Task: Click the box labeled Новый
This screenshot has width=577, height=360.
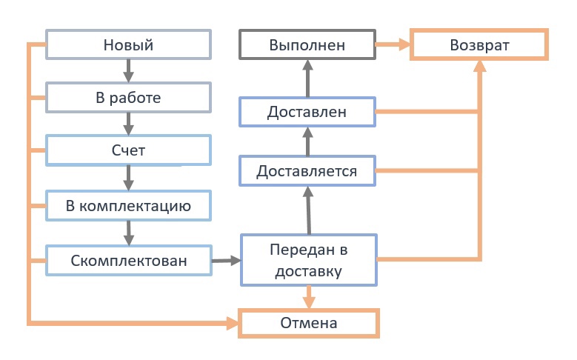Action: pos(128,44)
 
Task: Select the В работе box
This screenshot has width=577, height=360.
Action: pos(128,97)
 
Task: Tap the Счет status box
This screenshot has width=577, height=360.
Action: pos(128,150)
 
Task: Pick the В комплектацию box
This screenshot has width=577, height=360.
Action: pos(128,206)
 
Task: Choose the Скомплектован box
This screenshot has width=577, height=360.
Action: pos(128,261)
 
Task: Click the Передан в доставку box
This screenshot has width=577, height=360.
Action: pos(308,259)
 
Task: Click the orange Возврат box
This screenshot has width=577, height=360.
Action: pos(479,44)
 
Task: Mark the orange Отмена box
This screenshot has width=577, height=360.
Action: pos(308,323)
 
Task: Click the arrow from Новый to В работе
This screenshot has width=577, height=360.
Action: pos(128,70)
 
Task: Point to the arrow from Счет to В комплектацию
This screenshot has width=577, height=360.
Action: pos(128,178)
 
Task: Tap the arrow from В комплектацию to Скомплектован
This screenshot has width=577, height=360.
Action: pos(128,233)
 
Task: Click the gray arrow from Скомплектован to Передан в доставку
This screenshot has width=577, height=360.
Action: pos(226,261)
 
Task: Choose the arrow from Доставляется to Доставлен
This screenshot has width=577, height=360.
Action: pos(307,142)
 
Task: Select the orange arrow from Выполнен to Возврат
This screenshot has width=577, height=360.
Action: pos(393,44)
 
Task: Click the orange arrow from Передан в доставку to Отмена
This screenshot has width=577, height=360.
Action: pos(309,297)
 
